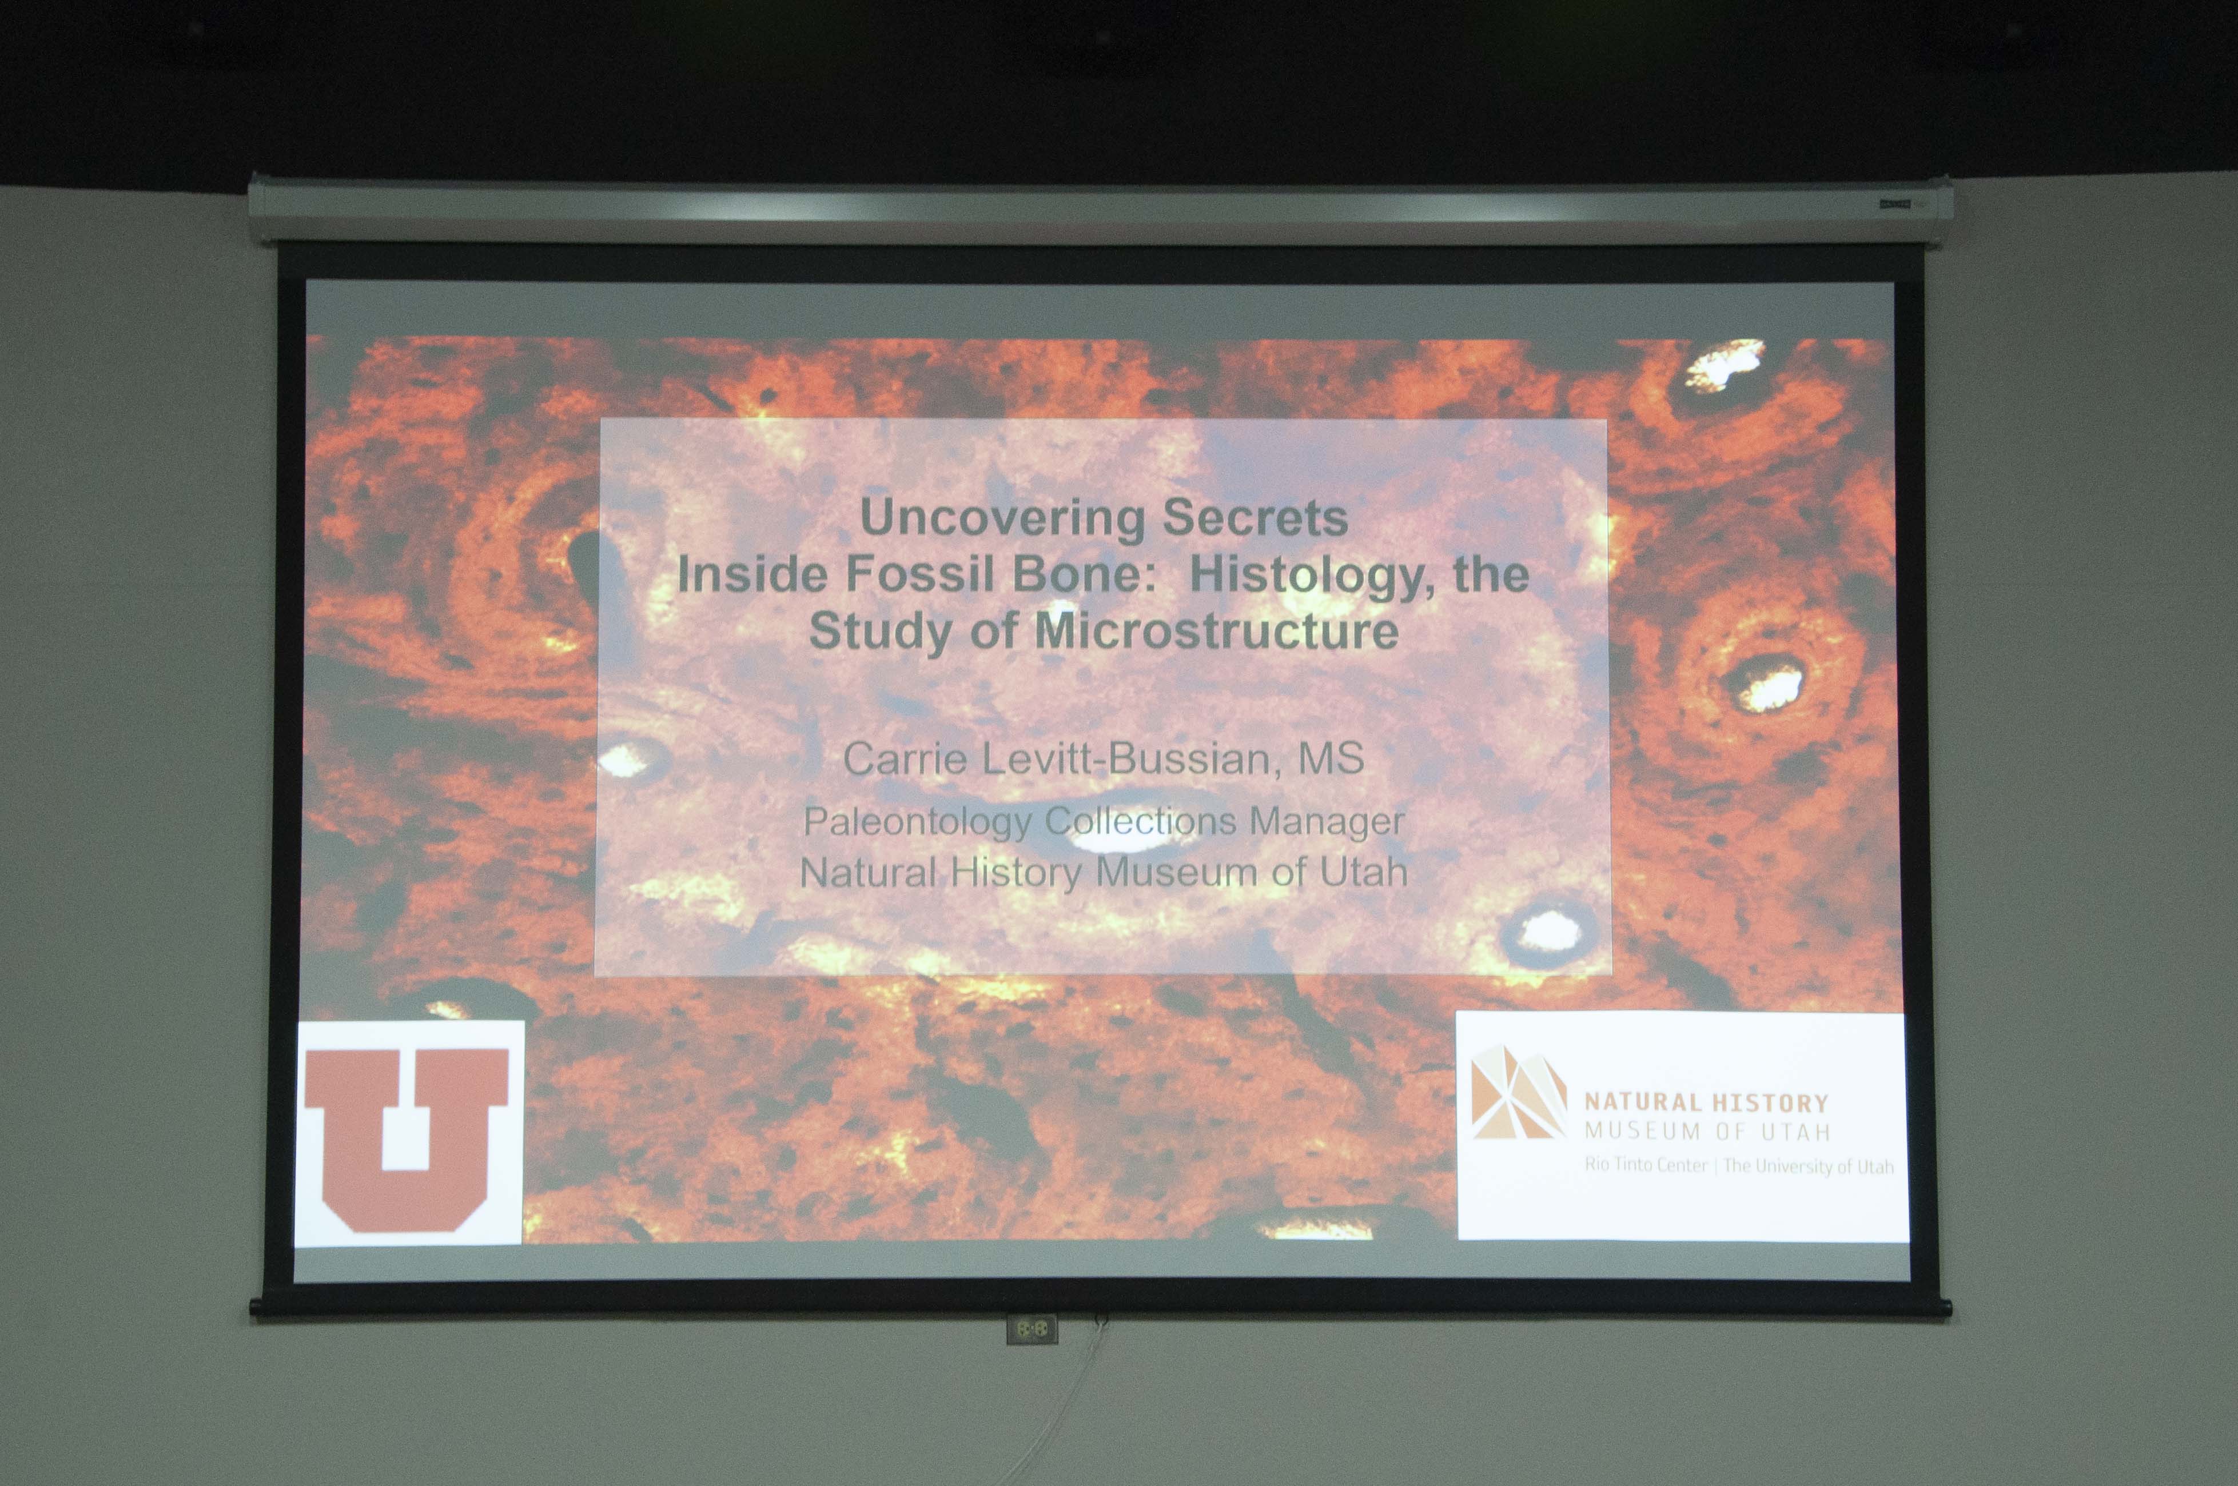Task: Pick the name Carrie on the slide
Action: coord(905,758)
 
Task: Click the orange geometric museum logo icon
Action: coord(1518,1092)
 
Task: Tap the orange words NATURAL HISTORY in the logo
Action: coord(1706,1102)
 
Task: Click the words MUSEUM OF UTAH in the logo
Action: coord(1706,1131)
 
